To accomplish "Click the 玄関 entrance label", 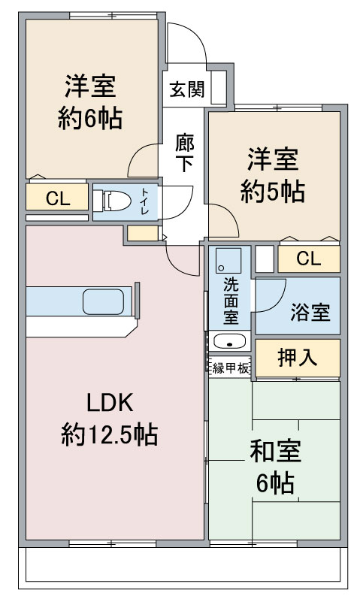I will pos(186,89).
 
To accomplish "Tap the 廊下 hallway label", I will pos(185,153).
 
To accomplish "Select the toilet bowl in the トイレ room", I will pos(115,201).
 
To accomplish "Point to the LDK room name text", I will pos(109,404).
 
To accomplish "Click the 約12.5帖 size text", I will pos(109,434).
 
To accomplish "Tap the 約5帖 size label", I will pos(273,192).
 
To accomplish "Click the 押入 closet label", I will pos(297,358).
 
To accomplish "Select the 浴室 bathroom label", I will pos(310,313).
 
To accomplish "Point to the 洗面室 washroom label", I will pos(231,300).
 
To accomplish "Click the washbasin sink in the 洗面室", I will pos(228,341).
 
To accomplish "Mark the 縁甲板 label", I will pos(230,368).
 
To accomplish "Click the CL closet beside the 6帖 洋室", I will pos(57,199).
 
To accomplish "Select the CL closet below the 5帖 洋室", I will pos(308,259).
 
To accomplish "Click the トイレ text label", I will pos(144,201).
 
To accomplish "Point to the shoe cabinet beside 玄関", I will pos(219,87).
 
